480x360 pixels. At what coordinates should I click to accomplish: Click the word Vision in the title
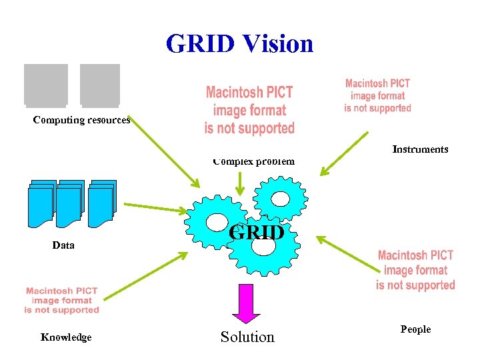[278, 44]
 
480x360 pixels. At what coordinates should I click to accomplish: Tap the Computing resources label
[81, 120]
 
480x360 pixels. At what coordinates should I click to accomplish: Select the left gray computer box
[46, 85]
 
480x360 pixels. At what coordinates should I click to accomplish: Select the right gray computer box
[100, 85]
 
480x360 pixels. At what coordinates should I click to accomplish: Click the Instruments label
[420, 149]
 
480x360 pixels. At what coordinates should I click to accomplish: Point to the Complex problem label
[253, 161]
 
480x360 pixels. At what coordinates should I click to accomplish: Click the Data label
[63, 245]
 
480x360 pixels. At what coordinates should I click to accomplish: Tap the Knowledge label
[66, 337]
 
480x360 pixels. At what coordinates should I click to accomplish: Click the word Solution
[247, 337]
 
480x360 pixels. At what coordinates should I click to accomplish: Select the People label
[415, 329]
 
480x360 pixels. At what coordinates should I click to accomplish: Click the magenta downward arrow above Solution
[246, 305]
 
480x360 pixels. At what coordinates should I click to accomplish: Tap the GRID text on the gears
[257, 232]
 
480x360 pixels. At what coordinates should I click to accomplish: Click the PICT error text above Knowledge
[61, 300]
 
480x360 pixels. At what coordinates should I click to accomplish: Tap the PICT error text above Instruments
[377, 95]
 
